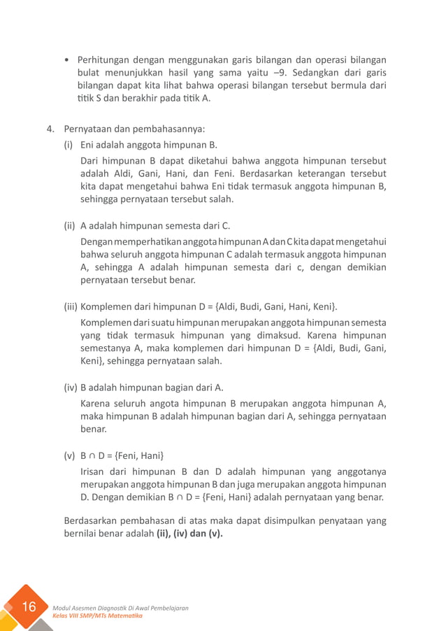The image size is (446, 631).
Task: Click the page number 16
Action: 29,607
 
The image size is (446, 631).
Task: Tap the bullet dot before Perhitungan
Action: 66,60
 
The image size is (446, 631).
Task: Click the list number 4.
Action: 50,129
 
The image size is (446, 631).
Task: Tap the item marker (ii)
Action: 70,225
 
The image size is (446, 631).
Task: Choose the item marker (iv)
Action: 71,387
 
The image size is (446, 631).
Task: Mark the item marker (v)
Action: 69,456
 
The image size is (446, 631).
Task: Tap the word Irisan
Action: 96,472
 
